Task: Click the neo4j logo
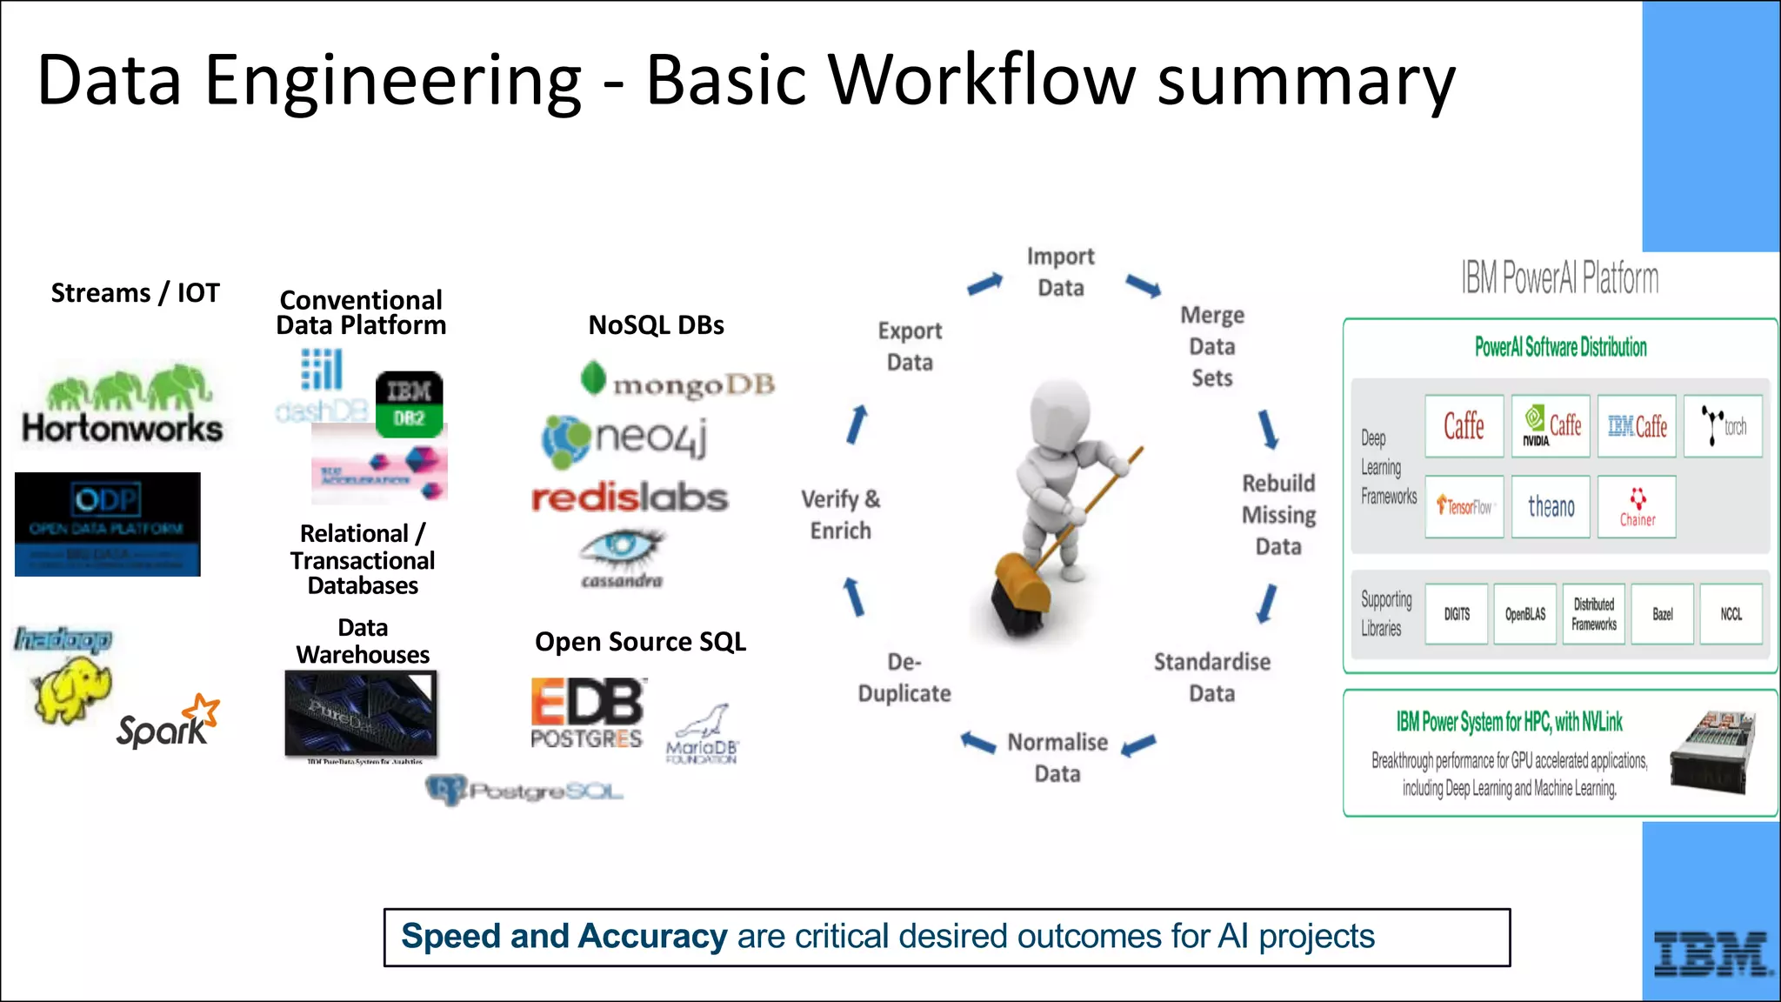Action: [624, 438]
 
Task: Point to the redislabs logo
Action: [630, 498]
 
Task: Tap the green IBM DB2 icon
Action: [409, 404]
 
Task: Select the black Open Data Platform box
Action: [108, 524]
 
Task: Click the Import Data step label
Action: [1060, 271]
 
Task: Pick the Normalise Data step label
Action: [1057, 758]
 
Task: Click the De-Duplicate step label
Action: [904, 678]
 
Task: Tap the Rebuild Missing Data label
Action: [1278, 514]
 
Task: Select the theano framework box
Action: [1551, 506]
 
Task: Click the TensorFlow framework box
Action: [1464, 506]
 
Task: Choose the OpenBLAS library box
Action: [1525, 614]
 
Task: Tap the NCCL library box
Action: [1731, 614]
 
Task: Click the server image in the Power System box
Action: [1711, 752]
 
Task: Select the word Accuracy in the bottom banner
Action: [652, 937]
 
